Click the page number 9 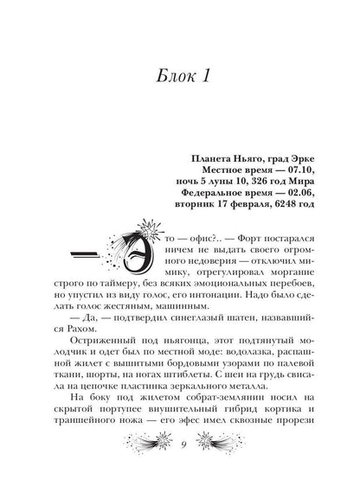pos(180,464)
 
